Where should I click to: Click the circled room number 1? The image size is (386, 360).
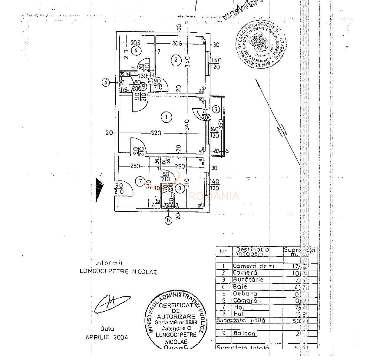click(167, 117)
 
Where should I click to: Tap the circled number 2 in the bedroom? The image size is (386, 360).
click(176, 60)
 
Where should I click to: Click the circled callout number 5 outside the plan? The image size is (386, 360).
click(106, 82)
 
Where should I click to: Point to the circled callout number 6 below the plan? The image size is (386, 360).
click(169, 220)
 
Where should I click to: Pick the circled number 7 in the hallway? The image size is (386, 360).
click(140, 182)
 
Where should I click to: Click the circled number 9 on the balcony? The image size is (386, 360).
click(216, 109)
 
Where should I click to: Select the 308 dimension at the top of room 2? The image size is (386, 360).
click(177, 43)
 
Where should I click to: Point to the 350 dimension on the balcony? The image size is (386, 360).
click(221, 124)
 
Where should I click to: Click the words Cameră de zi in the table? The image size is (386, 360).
click(253, 266)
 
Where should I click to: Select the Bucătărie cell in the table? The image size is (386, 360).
click(248, 279)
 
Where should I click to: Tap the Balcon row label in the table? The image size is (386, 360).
click(244, 333)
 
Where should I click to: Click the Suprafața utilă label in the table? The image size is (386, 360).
click(241, 320)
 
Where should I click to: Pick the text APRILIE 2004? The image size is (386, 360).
click(107, 337)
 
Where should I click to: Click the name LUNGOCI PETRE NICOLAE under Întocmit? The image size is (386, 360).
click(118, 272)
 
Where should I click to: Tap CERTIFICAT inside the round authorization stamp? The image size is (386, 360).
click(176, 305)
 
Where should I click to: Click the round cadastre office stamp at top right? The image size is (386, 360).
click(261, 43)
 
